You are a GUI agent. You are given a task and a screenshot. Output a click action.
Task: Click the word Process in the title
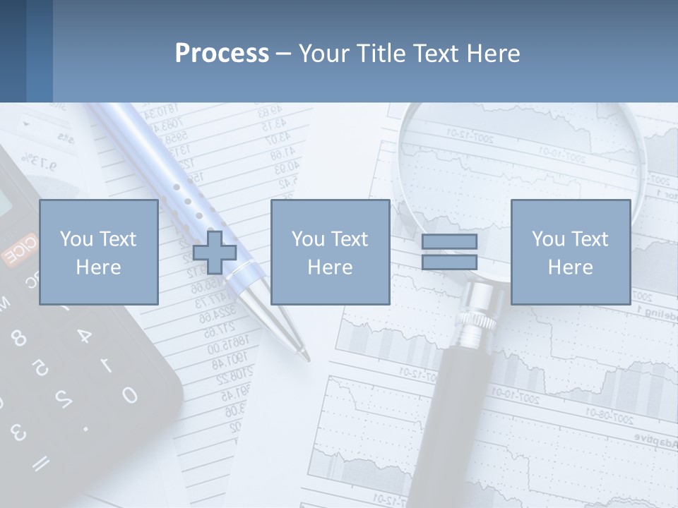click(222, 53)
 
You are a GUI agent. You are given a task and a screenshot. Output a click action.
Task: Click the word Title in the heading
click(382, 54)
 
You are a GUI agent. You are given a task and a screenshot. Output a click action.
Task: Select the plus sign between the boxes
click(215, 253)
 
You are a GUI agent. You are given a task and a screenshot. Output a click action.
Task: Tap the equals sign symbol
click(449, 252)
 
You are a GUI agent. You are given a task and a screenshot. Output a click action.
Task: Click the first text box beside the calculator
click(98, 253)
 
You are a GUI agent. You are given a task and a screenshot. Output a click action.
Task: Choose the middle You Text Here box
click(330, 253)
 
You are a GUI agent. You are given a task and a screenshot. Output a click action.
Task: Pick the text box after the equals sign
click(570, 253)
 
